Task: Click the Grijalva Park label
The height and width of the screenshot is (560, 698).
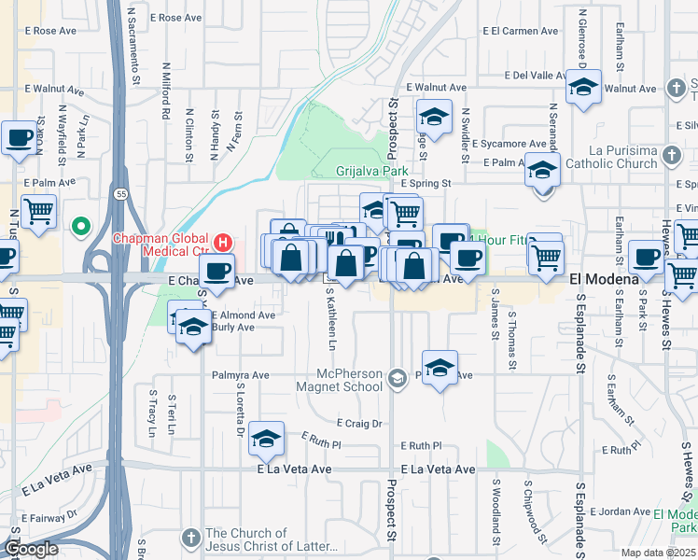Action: tap(372, 172)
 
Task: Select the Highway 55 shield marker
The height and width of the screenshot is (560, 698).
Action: tap(122, 193)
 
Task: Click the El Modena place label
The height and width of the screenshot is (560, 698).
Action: tap(604, 279)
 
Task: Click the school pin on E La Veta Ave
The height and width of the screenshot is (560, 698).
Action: tap(267, 440)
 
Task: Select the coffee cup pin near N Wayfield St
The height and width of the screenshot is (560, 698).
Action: tap(19, 139)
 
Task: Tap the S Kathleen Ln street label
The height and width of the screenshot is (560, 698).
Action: tap(330, 318)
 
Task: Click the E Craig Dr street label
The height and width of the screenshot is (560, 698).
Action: tap(359, 423)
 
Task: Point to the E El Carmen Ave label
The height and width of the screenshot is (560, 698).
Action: tap(521, 31)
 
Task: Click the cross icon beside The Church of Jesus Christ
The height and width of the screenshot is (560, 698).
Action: tap(190, 539)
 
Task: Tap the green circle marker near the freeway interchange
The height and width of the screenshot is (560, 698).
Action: tap(80, 226)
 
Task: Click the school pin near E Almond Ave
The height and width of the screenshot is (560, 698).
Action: tap(193, 328)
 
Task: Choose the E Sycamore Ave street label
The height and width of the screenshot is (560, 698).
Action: tap(509, 145)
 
